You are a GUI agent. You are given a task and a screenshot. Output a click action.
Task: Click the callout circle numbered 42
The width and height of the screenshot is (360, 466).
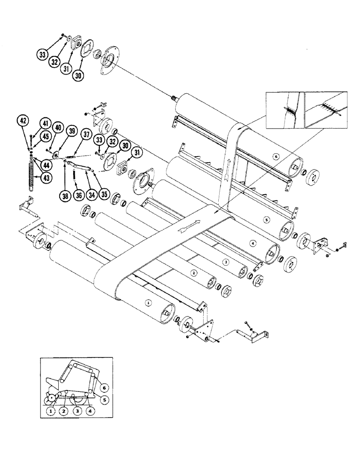[x=22, y=120]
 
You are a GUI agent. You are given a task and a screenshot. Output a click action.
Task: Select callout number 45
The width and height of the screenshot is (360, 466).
[x=45, y=136]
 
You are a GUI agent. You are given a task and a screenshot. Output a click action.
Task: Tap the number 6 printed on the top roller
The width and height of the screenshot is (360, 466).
[x=276, y=157]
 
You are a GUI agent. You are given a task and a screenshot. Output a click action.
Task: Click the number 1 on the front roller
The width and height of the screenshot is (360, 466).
[x=148, y=302]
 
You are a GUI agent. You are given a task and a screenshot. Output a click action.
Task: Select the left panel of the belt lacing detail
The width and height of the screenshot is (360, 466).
[x=284, y=110]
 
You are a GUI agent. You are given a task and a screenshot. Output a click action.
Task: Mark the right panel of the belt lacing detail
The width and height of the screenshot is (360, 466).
[x=326, y=110]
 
